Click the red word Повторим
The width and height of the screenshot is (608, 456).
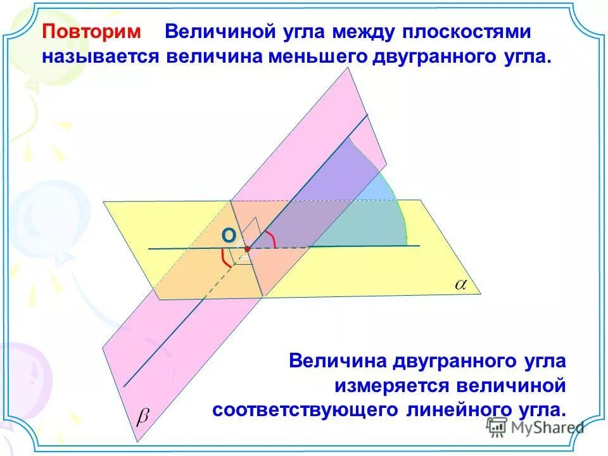click(94, 32)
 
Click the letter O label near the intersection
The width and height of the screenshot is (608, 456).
click(228, 236)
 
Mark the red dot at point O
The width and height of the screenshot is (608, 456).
click(247, 249)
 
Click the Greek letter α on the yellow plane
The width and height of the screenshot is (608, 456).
click(460, 285)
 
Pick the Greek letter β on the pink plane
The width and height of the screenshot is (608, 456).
click(144, 416)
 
